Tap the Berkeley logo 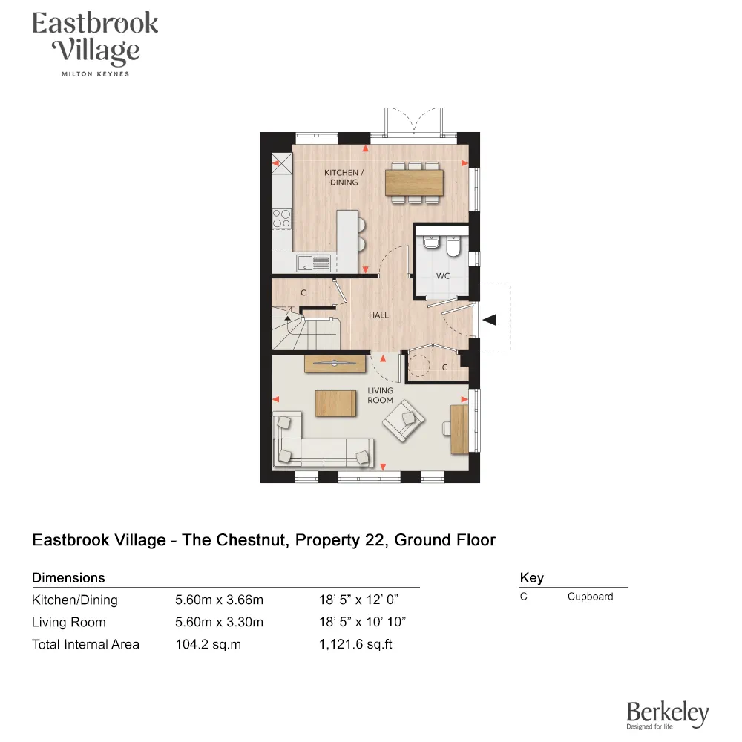point(667,715)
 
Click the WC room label point(443,276)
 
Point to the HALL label point(378,315)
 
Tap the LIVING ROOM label point(381,395)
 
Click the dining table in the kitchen point(414,182)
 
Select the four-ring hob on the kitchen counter point(281,218)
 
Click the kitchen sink point(312,262)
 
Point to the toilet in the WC point(454,245)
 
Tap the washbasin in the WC point(431,243)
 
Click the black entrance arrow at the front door point(490,319)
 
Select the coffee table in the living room point(336,403)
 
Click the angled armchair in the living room point(403,420)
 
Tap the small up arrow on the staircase point(288,317)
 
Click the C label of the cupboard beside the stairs point(303,293)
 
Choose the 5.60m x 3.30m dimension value point(219,622)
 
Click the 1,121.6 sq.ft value point(355,644)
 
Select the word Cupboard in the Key point(590,597)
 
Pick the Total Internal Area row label point(85,644)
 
